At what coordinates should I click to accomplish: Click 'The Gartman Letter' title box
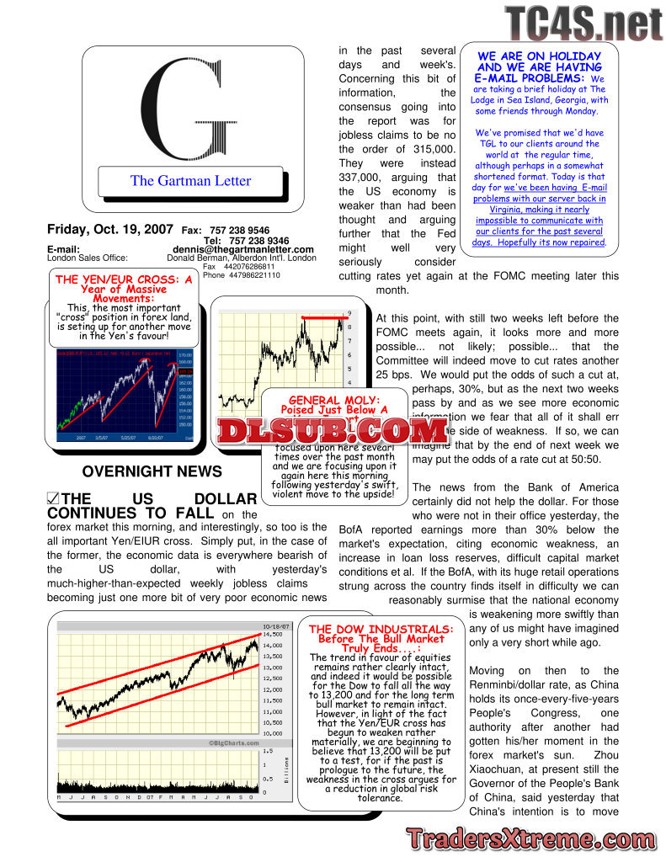(190, 180)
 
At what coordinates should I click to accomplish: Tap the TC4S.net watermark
(584, 20)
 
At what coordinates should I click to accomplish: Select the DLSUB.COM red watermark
(332, 431)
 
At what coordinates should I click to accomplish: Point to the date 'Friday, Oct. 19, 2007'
(110, 229)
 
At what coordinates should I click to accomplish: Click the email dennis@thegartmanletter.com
(243, 250)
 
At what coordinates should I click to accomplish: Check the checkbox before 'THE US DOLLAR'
(54, 499)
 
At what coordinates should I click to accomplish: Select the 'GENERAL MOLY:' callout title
(334, 400)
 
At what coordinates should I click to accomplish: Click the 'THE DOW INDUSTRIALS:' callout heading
(381, 629)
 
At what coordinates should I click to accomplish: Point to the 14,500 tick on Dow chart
(273, 634)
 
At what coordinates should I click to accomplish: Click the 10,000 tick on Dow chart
(273, 733)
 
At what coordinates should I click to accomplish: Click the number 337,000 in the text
(361, 178)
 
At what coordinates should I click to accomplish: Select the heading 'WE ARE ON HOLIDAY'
(539, 56)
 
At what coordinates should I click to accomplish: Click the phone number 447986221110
(242, 275)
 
